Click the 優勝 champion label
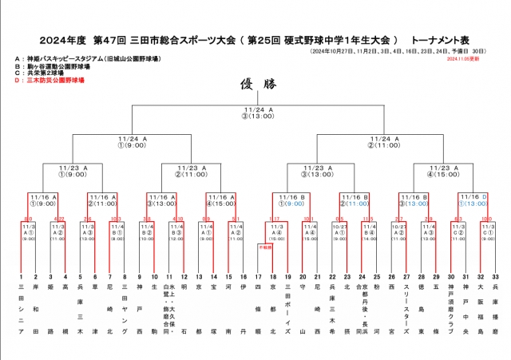255,84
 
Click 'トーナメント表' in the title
442,38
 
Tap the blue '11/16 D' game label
473,196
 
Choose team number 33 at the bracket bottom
497,276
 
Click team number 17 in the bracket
257,276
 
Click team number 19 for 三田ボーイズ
286,276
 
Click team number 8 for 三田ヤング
125,276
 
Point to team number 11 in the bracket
168,276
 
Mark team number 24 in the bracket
361,276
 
